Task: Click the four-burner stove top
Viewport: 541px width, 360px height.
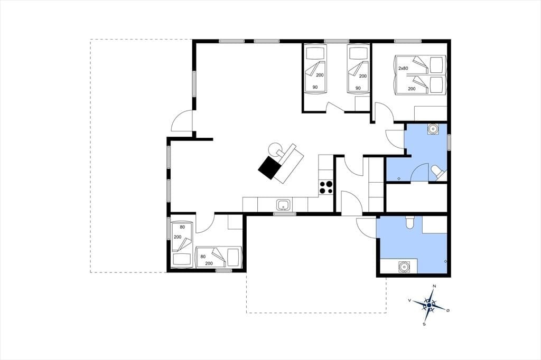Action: (x=326, y=187)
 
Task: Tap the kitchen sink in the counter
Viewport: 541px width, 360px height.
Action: (x=284, y=205)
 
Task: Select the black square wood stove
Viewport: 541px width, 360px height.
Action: (x=270, y=167)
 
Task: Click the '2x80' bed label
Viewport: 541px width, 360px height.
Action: (x=403, y=68)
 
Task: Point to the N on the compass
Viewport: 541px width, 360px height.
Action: (x=434, y=286)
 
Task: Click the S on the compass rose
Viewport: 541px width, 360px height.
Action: (x=424, y=324)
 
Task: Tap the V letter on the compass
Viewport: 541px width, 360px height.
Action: (x=409, y=300)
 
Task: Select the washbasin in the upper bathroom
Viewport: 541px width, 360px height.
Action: (x=433, y=129)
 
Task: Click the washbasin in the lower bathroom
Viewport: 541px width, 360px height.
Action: (x=403, y=267)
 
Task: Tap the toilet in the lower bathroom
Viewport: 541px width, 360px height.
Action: (x=410, y=222)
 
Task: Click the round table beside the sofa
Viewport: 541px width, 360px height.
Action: (x=276, y=149)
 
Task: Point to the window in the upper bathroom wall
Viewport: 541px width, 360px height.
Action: (x=449, y=142)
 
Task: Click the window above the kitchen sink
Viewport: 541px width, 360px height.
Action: (x=285, y=214)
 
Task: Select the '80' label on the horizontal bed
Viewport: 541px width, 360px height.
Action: (x=203, y=257)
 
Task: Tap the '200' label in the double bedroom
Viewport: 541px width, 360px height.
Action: (x=412, y=89)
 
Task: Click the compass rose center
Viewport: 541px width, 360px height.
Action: (x=429, y=305)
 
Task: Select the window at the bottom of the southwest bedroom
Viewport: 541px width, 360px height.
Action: (x=223, y=271)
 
